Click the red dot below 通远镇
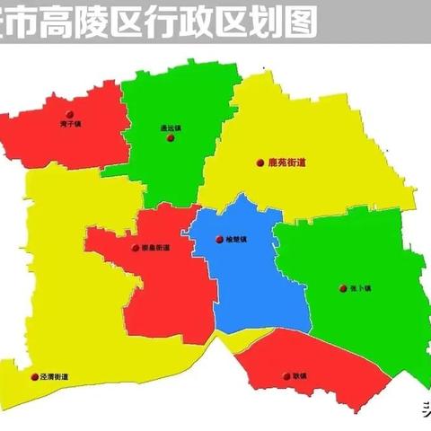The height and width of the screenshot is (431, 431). (x=170, y=138)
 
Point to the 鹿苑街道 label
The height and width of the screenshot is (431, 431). (x=287, y=163)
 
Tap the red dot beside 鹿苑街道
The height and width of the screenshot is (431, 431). (x=260, y=163)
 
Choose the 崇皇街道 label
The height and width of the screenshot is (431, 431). (x=152, y=248)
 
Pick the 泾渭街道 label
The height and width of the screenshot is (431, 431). (x=55, y=378)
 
